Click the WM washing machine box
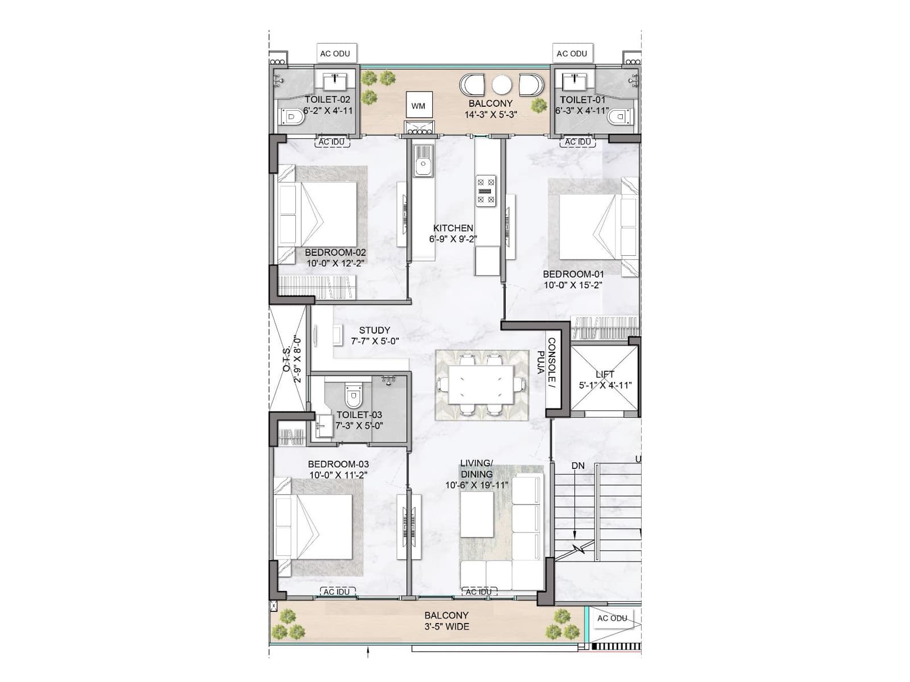pos(419,105)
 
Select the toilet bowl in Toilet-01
pos(618,117)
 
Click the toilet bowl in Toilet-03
pos(353,396)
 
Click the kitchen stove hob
pos(486,190)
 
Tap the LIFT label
pos(605,375)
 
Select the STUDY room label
pos(375,330)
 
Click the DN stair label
pos(578,466)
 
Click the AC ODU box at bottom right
pos(613,618)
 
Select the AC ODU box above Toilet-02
pos(335,53)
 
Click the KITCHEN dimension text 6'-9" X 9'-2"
pos(453,239)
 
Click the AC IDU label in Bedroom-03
pos(337,592)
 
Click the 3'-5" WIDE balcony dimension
pos(446,626)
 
